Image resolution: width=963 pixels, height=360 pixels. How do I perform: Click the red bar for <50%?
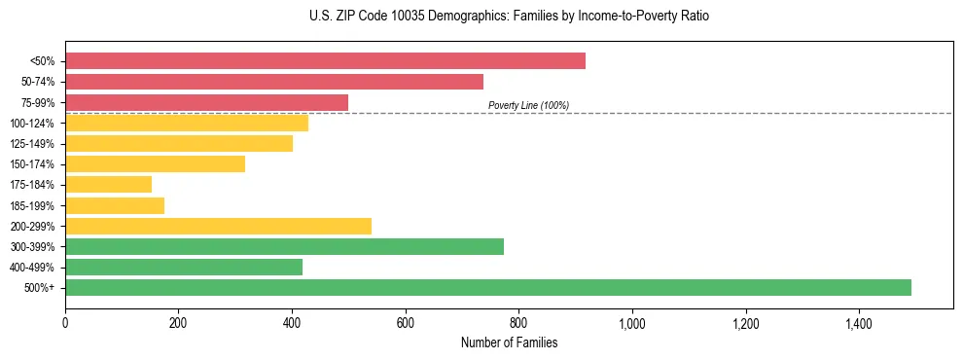[325, 60]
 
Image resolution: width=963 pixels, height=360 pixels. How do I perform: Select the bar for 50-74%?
[274, 82]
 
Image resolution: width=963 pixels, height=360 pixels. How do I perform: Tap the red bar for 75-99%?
[206, 102]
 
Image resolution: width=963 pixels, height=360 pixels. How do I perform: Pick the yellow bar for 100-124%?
[187, 123]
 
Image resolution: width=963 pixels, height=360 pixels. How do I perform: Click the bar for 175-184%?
[108, 185]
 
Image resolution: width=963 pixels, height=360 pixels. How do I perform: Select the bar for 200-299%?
[218, 226]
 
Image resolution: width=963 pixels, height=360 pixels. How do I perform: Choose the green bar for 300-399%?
[284, 246]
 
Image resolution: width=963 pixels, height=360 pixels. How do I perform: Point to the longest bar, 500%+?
[488, 287]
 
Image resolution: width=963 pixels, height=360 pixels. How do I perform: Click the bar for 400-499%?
[184, 267]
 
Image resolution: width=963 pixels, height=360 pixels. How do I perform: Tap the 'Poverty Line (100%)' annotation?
[528, 105]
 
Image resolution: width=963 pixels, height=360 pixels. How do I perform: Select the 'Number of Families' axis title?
[510, 342]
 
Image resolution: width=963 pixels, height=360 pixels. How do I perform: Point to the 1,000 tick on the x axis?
[632, 322]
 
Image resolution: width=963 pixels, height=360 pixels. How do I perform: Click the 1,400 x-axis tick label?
[859, 322]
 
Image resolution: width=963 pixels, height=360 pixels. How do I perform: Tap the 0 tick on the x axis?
[65, 322]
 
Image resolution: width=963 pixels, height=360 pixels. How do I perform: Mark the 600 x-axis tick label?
[406, 322]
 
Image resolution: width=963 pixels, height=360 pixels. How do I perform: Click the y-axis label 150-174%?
[32, 164]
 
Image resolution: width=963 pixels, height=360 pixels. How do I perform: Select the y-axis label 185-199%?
[32, 205]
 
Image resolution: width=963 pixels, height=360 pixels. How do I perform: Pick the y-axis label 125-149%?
[32, 144]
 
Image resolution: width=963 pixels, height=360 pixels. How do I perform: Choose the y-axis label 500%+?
[40, 288]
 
